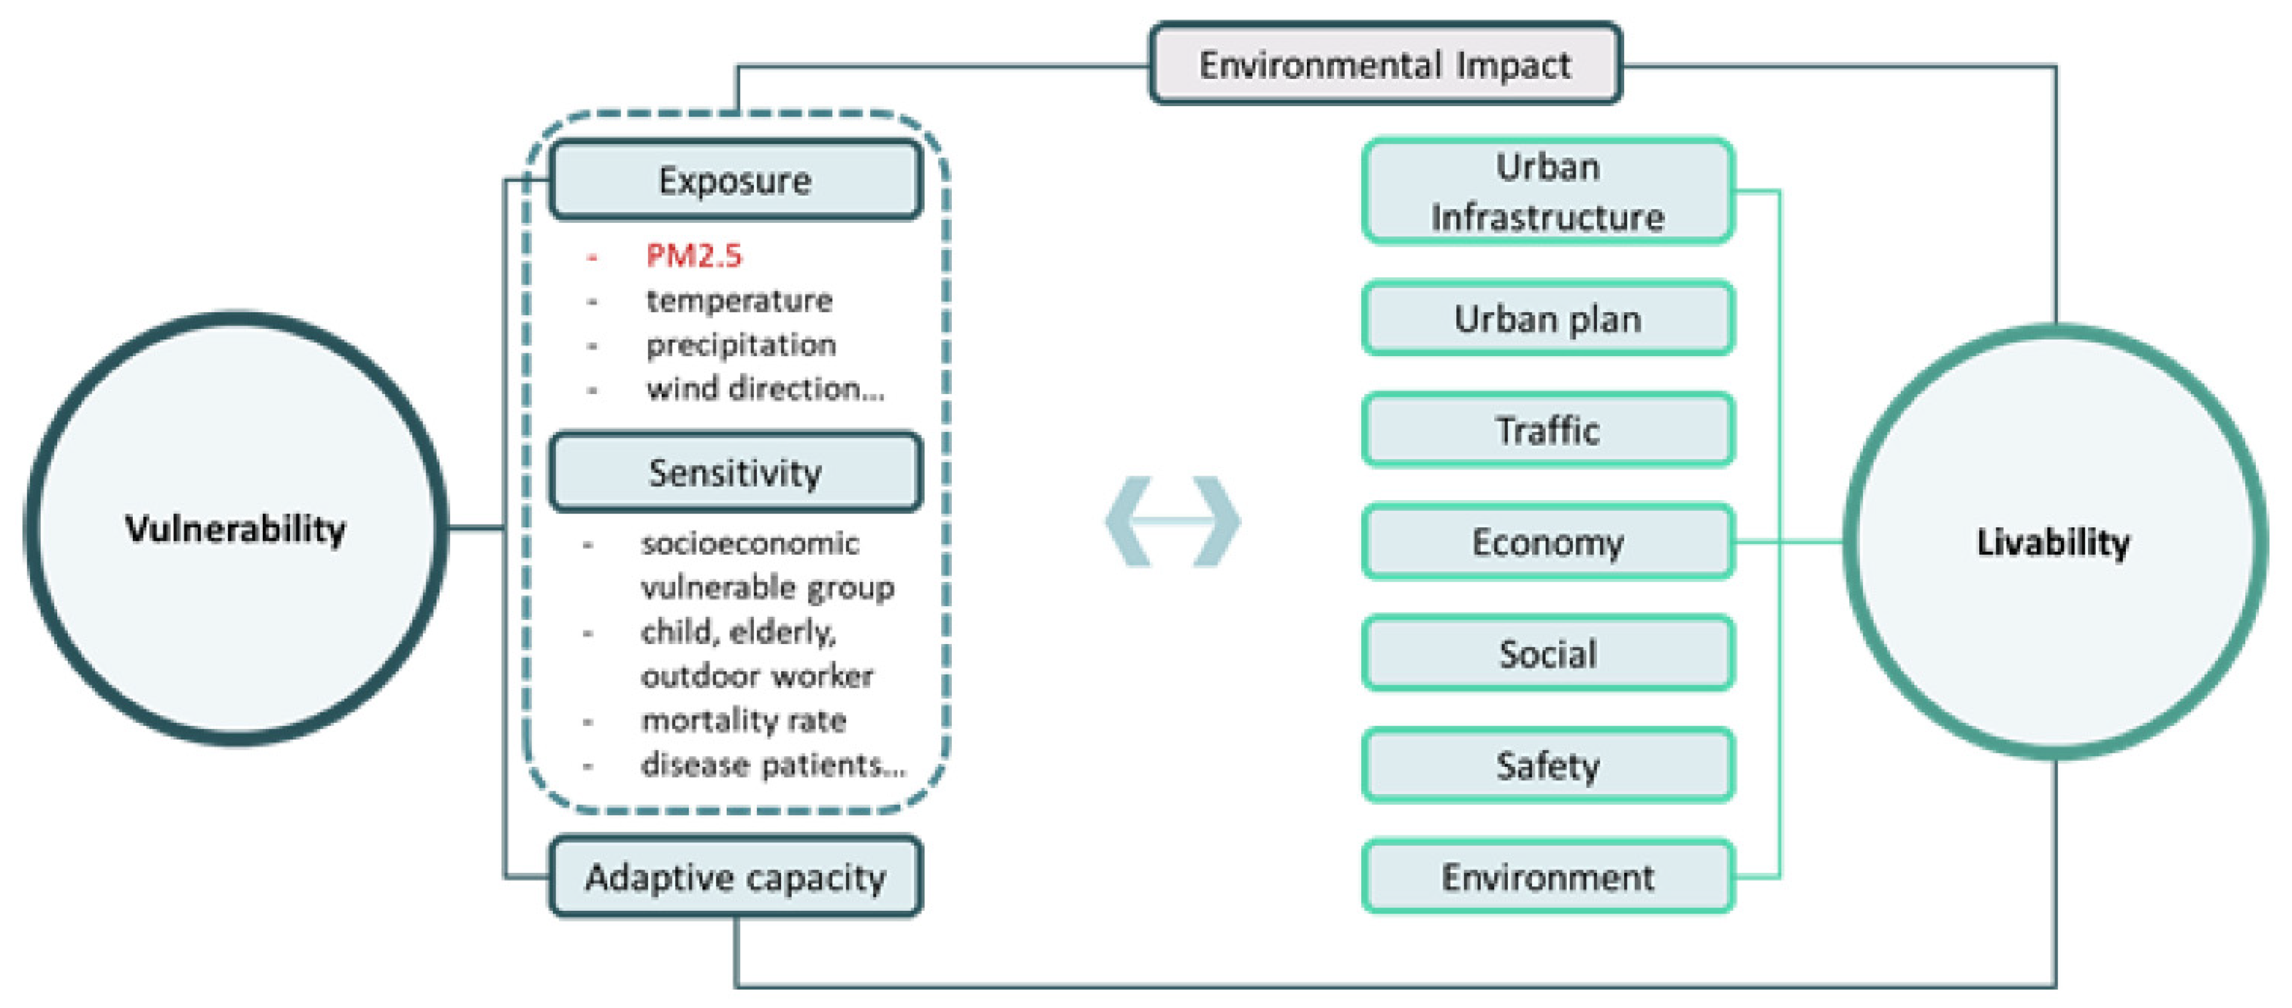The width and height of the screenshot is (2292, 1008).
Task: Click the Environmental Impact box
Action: click(x=1385, y=64)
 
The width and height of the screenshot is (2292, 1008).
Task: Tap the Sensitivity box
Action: click(x=735, y=472)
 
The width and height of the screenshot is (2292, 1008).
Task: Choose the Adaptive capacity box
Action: click(x=735, y=877)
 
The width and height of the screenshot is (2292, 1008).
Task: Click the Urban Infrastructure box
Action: click(x=1547, y=191)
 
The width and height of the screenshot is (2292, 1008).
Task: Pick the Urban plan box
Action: click(x=1547, y=318)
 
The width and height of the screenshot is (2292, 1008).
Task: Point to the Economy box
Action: click(x=1547, y=542)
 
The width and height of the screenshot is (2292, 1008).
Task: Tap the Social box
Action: click(x=1547, y=654)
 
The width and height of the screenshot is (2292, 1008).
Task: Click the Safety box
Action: click(x=1547, y=765)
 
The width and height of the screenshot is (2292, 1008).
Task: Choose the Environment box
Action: click(x=1547, y=877)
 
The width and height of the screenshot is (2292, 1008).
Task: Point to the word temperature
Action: click(x=738, y=301)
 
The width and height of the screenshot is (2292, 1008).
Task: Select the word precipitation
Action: click(x=740, y=345)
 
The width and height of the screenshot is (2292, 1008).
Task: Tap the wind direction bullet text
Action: click(x=765, y=389)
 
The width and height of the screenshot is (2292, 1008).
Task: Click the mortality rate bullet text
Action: click(x=743, y=720)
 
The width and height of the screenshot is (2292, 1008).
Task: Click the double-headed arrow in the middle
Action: click(x=1173, y=521)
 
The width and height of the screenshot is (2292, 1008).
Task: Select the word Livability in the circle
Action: click(x=2054, y=542)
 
